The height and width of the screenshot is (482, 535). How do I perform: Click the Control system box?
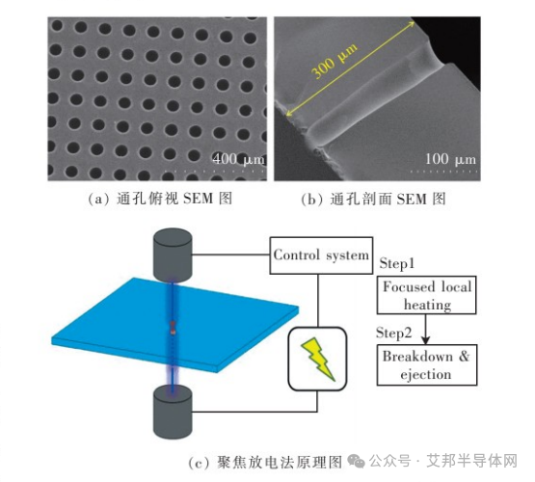coord(321,255)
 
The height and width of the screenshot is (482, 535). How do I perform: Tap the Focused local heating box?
coord(426,295)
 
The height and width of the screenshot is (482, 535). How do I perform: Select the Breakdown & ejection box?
coord(426,365)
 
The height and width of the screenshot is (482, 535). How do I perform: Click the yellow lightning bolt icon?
coord(318,359)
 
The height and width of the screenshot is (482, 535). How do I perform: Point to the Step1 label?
coord(397,264)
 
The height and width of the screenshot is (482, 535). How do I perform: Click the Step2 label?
coord(393,333)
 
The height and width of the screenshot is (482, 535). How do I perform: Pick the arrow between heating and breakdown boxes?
coord(425,329)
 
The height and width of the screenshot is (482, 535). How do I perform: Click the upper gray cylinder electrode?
coord(173,254)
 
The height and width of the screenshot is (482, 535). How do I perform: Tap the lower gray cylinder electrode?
coord(173,412)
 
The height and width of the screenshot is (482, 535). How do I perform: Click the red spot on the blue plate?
coord(173,328)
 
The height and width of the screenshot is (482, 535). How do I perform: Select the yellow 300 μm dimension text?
coord(334,61)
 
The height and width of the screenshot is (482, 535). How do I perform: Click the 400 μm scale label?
coord(238,159)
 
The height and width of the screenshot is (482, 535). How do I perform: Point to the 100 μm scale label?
coord(450,159)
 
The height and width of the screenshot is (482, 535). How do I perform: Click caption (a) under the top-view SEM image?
coord(160,199)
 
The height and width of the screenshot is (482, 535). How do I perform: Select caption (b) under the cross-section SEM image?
coord(374,199)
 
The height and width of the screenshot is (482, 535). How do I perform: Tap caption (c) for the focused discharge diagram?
coord(265,463)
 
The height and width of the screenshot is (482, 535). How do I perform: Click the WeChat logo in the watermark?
coord(356,461)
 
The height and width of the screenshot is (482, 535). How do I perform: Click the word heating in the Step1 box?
coord(428,305)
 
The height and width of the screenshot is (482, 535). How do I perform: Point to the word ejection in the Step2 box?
coord(426,375)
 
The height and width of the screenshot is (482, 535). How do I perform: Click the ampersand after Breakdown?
coord(464,357)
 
